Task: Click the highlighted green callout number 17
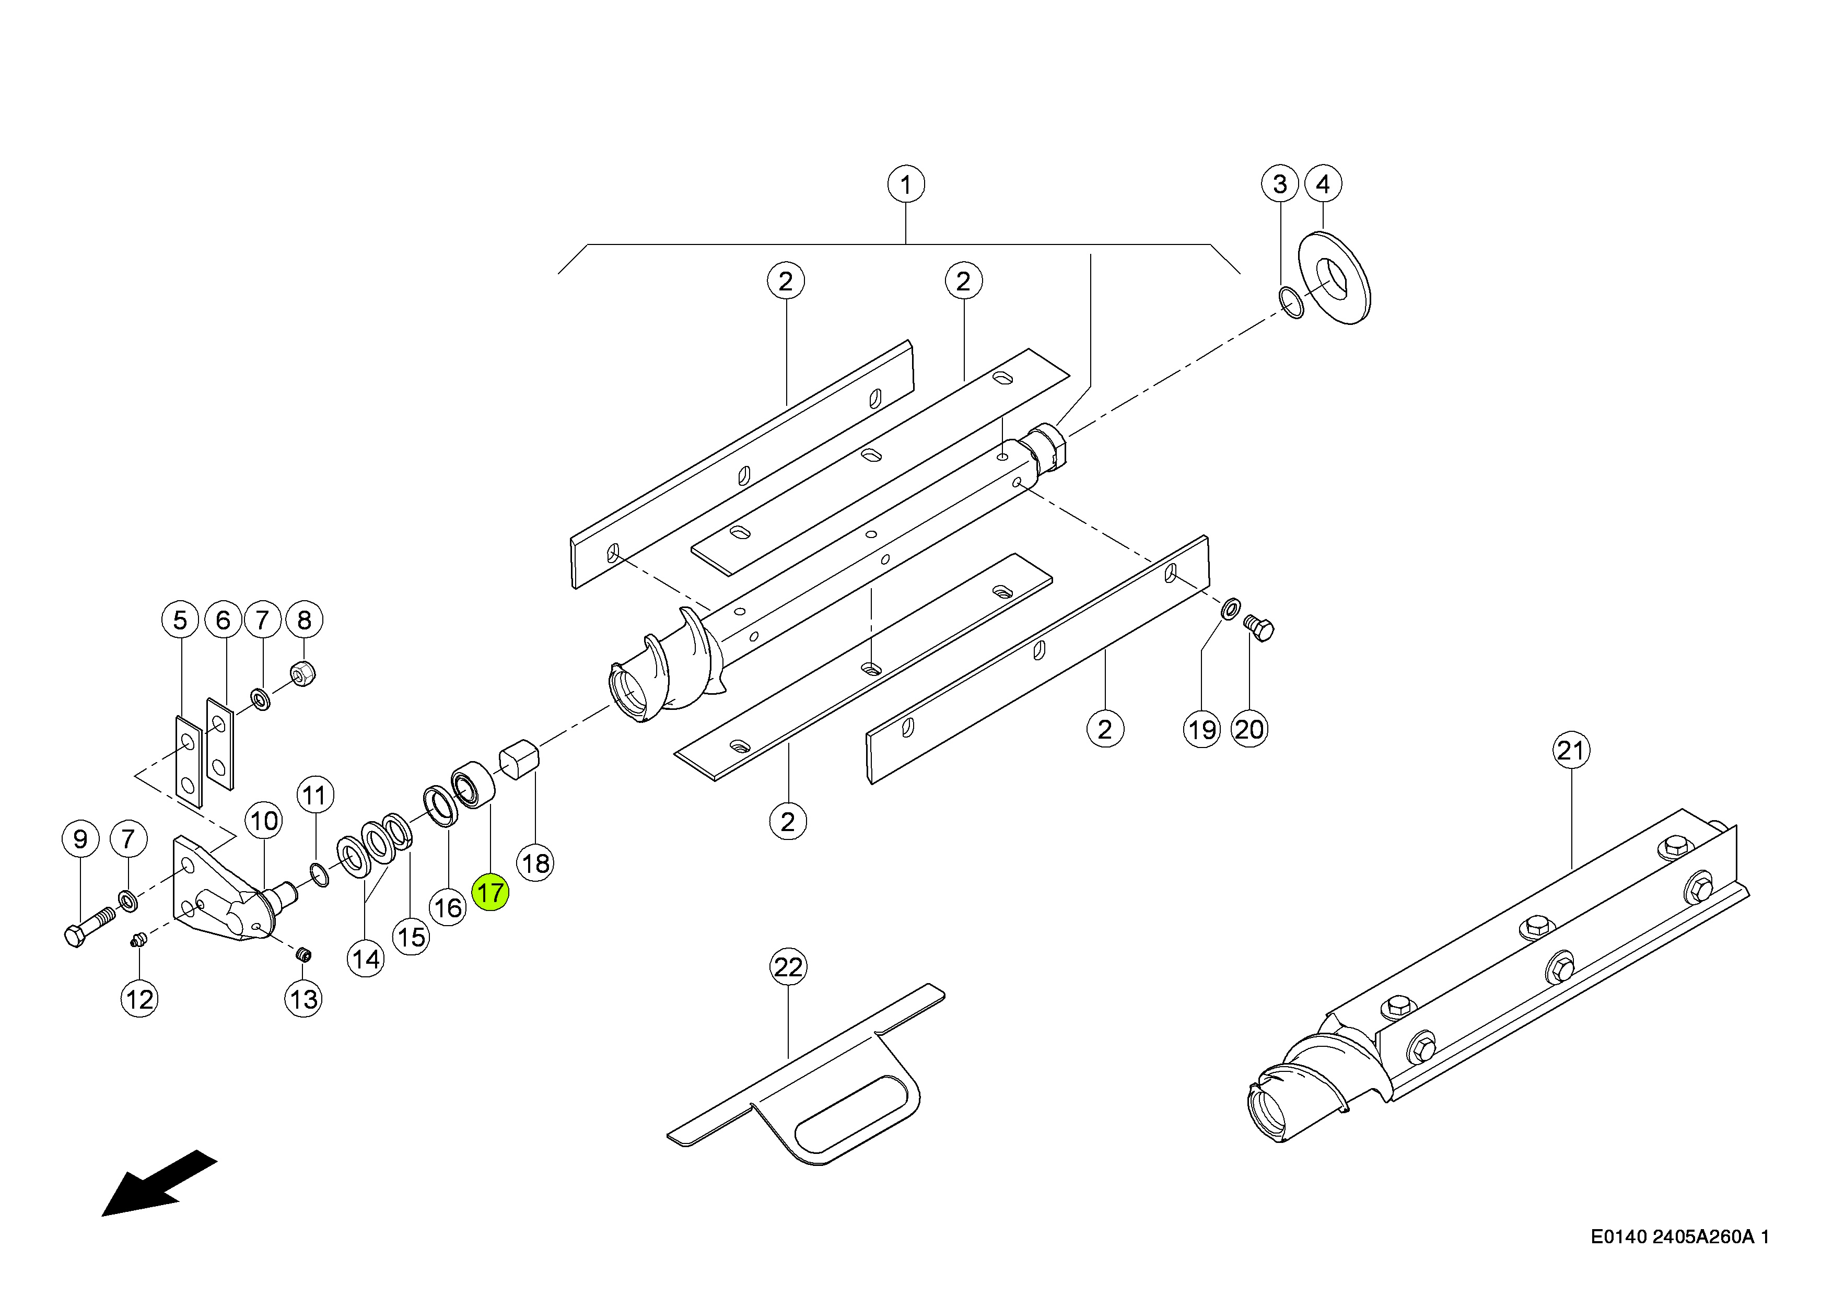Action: pos(491,892)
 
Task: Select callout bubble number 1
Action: pos(906,184)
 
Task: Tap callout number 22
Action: pos(788,966)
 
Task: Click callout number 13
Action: pos(303,999)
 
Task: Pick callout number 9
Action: pos(80,839)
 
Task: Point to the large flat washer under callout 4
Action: pos(1335,278)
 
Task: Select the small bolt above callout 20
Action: pos(1259,628)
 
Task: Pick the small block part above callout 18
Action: pos(519,761)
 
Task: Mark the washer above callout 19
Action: pos(1231,610)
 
